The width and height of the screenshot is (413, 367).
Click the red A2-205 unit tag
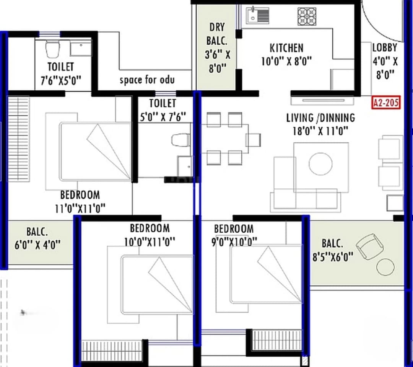386,103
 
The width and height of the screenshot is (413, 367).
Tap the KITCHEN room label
286,48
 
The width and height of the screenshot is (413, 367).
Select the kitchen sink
257,16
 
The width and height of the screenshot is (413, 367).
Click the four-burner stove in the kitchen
307,16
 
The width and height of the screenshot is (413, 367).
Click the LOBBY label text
385,48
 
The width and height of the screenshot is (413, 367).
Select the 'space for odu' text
147,80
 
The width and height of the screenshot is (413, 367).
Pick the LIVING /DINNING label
320,117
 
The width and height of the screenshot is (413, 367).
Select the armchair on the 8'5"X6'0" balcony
367,245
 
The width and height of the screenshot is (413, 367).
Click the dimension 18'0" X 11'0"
320,131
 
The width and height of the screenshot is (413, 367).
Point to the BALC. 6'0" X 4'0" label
37,238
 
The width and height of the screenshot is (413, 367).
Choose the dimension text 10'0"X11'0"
149,242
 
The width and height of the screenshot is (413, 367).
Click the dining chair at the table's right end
253,140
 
